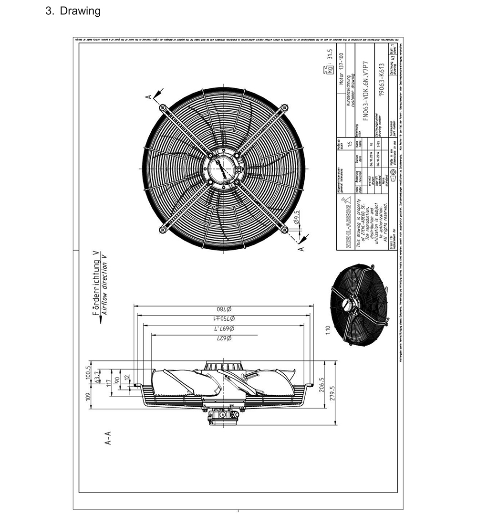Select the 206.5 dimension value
pyautogui.click(x=322, y=385)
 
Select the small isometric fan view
pyautogui.click(x=356, y=302)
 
